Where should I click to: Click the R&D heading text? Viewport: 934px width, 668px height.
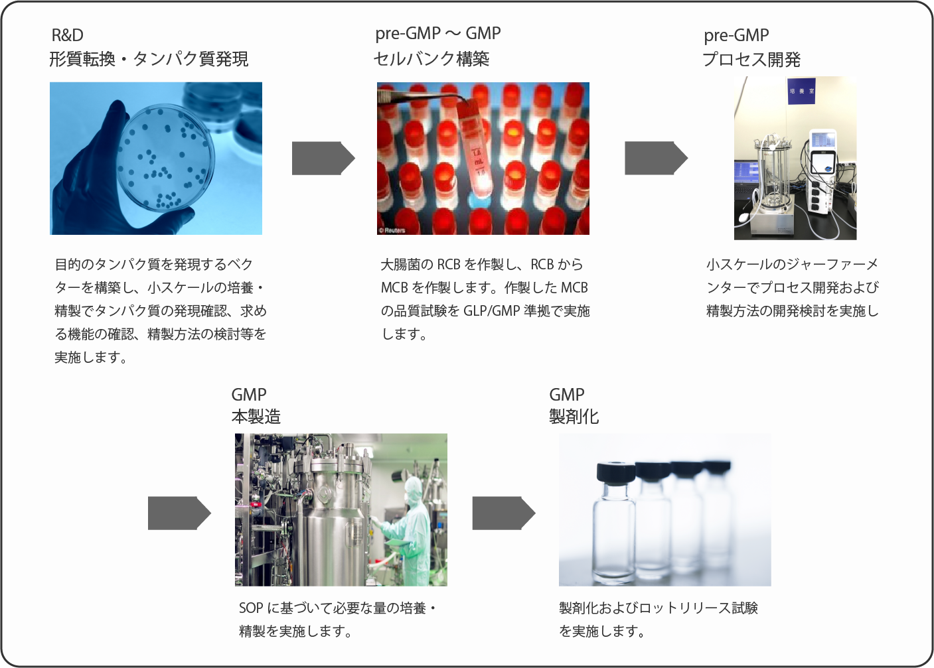tap(68, 35)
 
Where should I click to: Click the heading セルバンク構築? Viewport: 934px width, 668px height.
tap(431, 59)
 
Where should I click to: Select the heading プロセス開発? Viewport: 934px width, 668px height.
tap(751, 59)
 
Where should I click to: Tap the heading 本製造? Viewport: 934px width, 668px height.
tap(256, 417)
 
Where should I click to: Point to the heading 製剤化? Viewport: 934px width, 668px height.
tap(574, 417)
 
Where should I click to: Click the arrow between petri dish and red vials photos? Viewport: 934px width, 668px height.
tap(323, 158)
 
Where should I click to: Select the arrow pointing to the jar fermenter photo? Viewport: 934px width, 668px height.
tap(656, 158)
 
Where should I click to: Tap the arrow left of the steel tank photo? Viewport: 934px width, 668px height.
tap(179, 513)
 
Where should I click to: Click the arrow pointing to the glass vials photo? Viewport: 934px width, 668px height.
tap(504, 513)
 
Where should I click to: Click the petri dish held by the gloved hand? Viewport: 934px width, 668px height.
tap(165, 158)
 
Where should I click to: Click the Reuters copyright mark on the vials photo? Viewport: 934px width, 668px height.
tap(392, 230)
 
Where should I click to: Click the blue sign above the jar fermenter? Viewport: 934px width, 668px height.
tap(801, 91)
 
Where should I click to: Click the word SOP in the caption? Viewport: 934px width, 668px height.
tap(251, 608)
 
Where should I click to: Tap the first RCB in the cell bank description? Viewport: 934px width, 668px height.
tap(449, 264)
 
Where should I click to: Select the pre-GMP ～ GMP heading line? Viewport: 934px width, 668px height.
tap(438, 33)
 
